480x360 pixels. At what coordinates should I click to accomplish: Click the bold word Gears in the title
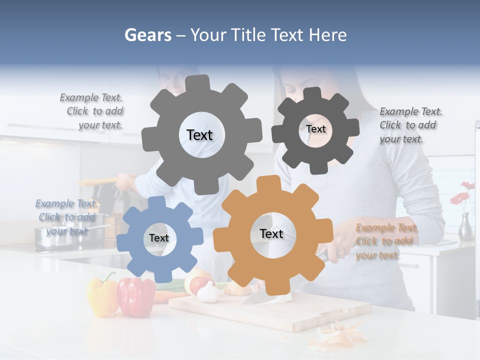148,35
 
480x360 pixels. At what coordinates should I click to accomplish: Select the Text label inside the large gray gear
199,135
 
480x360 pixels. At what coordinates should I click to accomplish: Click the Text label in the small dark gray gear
315,129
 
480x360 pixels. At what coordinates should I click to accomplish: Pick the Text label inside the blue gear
159,238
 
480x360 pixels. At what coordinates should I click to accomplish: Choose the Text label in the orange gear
271,233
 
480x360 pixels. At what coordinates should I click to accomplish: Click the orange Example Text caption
386,241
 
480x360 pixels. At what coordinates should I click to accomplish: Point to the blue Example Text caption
66,217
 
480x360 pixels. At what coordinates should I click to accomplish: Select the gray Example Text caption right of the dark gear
410,125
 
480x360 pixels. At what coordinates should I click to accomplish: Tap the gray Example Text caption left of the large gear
92,111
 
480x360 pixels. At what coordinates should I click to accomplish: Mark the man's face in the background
172,80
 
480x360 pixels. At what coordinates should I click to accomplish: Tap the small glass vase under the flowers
465,226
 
